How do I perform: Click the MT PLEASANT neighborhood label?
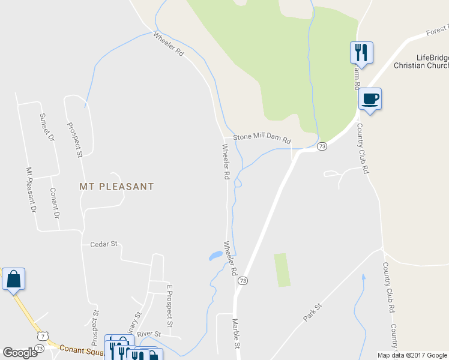[x=116, y=187]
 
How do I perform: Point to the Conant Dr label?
[x=55, y=203]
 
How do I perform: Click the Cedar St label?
[x=103, y=244]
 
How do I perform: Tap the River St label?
[x=149, y=334]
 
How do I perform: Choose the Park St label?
[x=313, y=313]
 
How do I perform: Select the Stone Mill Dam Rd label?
[x=262, y=137]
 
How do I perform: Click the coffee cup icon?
[x=370, y=98]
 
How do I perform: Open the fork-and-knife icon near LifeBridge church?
[x=361, y=52]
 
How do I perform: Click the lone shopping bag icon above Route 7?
[x=13, y=279]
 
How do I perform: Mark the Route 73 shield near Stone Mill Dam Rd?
[x=322, y=146]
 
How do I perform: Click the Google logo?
[x=20, y=353]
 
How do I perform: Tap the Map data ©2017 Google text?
[x=412, y=355]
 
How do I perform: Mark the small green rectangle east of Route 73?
[x=282, y=270]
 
